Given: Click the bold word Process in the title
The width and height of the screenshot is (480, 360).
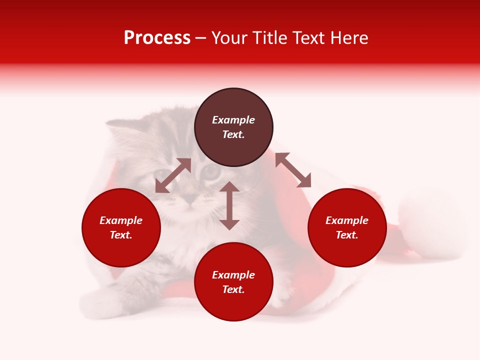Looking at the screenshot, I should click(x=157, y=38).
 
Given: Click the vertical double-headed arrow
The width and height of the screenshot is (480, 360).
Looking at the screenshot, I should click(x=229, y=205).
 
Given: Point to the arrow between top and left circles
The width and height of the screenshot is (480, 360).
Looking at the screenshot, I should click(x=173, y=175).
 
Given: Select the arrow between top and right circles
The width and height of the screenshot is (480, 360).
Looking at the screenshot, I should click(x=293, y=170).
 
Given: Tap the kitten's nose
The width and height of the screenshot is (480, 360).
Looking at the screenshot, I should click(x=189, y=199).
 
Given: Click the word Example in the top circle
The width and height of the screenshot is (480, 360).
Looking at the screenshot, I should click(x=233, y=120).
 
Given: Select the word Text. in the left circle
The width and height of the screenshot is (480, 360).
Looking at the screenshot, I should click(x=121, y=235).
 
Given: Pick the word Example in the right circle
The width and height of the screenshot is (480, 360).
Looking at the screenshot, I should click(x=347, y=220).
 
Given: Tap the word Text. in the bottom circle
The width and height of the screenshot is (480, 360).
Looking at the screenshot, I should click(x=233, y=289).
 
